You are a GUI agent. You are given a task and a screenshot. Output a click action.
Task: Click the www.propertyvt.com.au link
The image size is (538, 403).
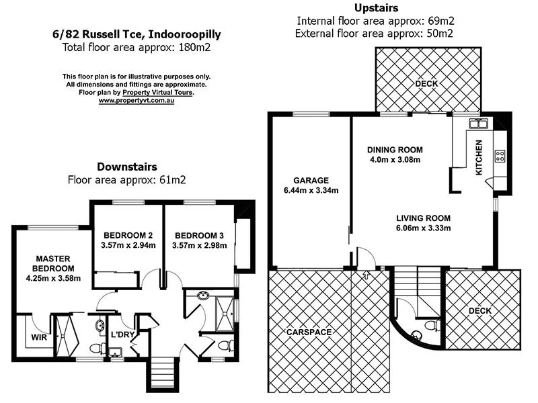tap(137, 100)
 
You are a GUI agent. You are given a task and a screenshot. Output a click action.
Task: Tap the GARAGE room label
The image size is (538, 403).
tap(311, 180)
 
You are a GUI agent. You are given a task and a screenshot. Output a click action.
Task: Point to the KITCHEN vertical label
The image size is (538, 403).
tap(479, 157)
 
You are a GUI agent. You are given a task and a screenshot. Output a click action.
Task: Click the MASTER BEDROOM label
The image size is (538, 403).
tap(54, 263)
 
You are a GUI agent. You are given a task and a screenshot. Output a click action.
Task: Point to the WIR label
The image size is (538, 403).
tap(40, 337)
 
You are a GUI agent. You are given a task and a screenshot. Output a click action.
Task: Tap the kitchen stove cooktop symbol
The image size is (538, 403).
tap(500, 156)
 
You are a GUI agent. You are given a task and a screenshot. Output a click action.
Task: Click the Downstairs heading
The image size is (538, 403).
tap(127, 167)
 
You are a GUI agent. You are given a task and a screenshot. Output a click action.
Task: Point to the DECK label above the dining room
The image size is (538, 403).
tap(427, 84)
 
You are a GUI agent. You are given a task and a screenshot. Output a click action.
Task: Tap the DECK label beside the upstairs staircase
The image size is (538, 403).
tap(479, 310)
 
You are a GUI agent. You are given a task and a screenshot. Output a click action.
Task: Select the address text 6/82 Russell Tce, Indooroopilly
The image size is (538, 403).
tap(137, 34)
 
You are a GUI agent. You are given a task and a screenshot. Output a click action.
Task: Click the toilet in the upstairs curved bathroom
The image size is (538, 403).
tap(435, 326)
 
